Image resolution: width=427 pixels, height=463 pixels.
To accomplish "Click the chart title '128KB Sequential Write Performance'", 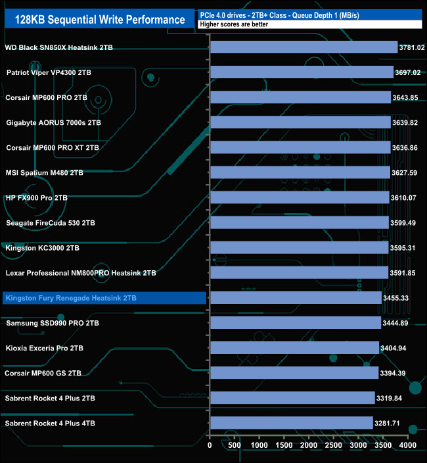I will coord(100,20).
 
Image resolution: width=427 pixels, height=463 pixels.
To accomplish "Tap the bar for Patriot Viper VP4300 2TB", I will coord(302,72).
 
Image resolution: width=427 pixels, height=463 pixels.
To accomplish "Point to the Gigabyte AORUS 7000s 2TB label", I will coord(54,122).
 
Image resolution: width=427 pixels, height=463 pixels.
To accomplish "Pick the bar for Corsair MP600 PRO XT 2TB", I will coord(300,147).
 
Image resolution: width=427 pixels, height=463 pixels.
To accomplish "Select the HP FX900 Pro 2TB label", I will coord(37,197).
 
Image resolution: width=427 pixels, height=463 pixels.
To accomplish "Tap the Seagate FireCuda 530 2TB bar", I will coord(299,222).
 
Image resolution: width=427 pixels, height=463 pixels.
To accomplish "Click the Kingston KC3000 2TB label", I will coord(43,248).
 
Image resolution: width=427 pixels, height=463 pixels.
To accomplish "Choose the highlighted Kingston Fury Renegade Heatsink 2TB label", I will coord(71,299).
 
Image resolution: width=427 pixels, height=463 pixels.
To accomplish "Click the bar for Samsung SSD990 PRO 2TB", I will coord(295,323).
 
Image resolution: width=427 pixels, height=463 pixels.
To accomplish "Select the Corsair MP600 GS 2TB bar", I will coord(294,373).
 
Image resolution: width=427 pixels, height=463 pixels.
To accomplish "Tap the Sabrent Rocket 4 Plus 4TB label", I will coord(51,424).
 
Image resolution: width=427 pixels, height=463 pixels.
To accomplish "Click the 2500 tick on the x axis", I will coord(334,445).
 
